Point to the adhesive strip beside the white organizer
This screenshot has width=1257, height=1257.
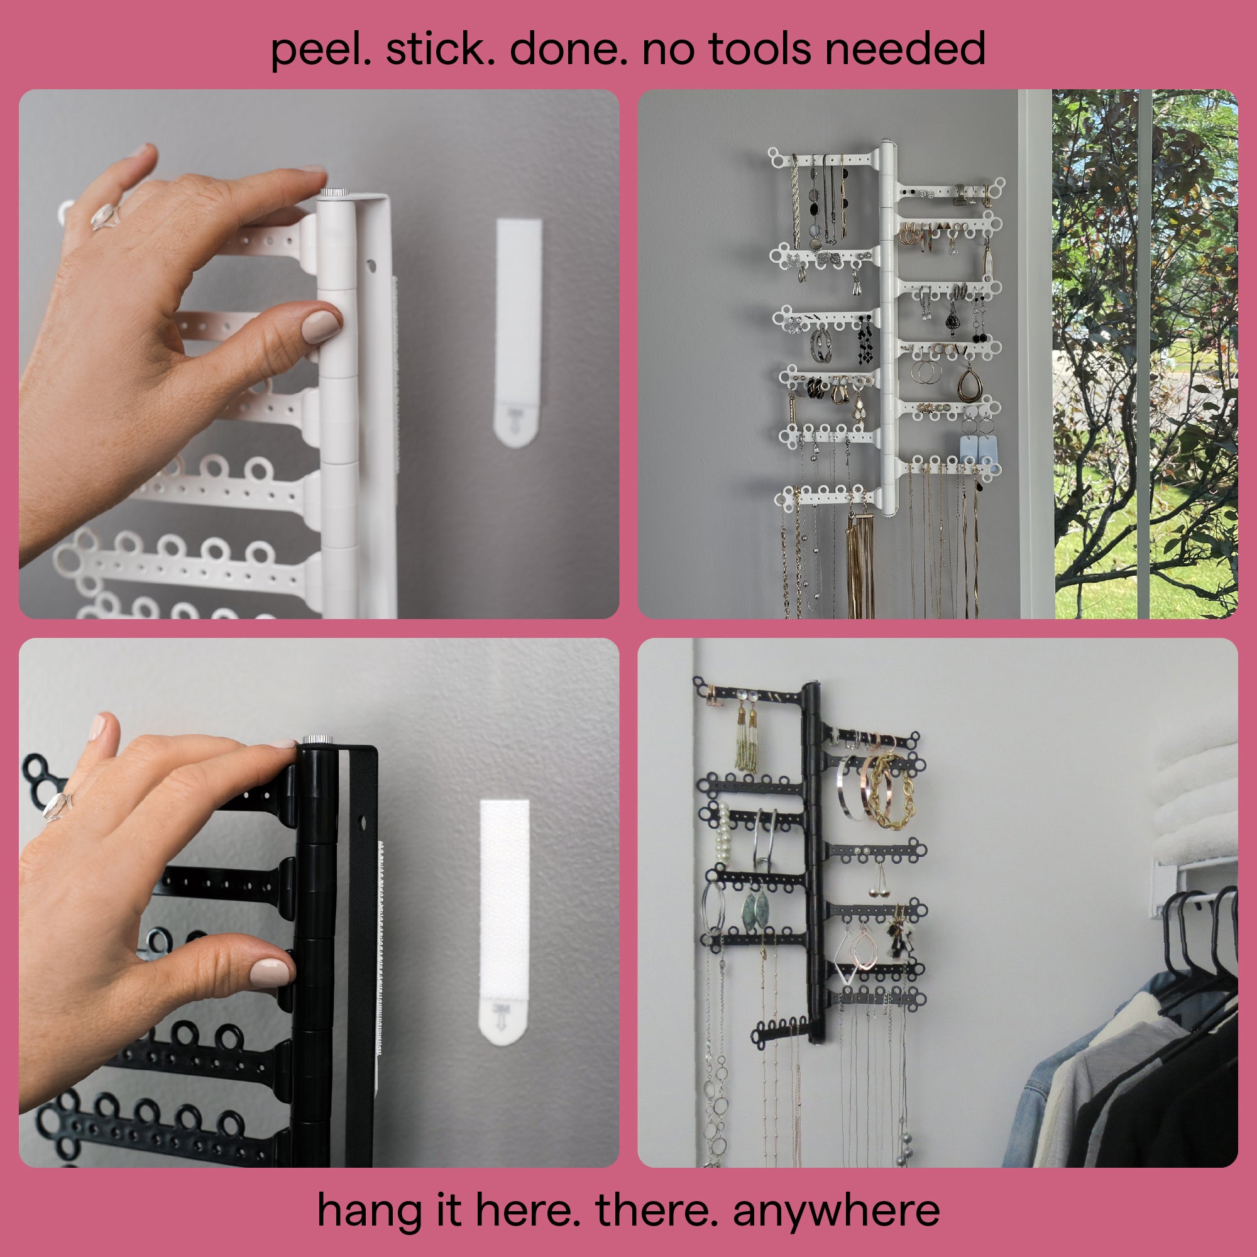click(x=518, y=332)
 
